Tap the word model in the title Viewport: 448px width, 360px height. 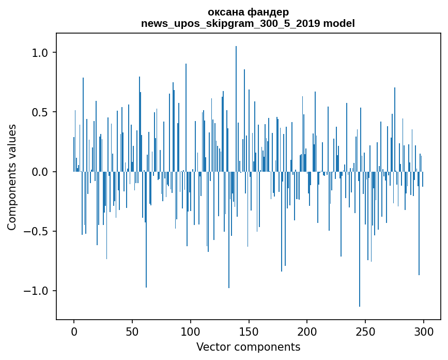point(340,23)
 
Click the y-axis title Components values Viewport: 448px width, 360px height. point(11,177)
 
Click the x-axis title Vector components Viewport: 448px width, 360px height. point(248,347)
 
